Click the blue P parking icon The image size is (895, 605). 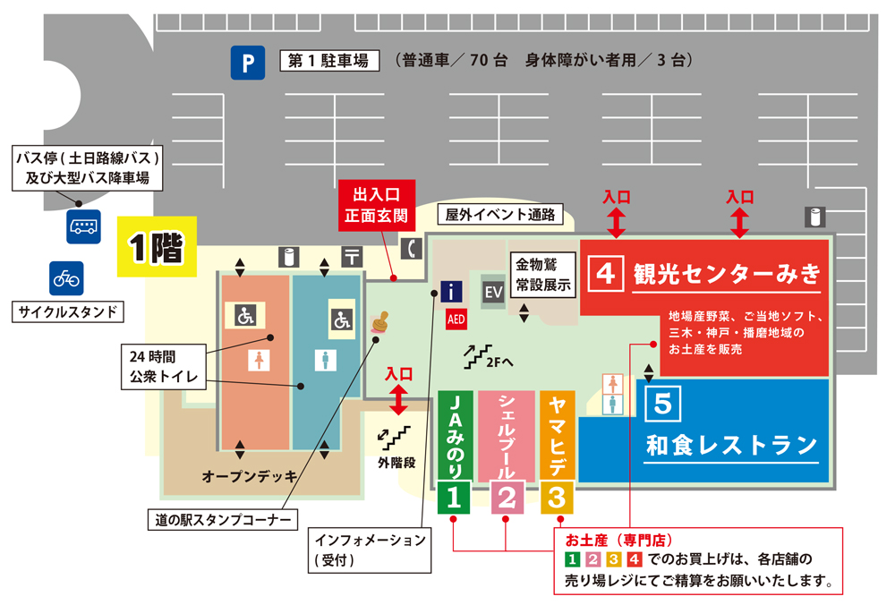click(248, 63)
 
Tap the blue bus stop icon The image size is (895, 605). click(84, 226)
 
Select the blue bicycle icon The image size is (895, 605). click(66, 278)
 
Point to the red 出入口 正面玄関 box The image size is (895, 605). click(380, 205)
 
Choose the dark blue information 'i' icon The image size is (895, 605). click(453, 291)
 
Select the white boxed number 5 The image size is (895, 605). click(661, 404)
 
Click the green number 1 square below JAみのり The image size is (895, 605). click(454, 497)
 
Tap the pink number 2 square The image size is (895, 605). click(506, 497)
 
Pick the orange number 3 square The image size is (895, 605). click(557, 497)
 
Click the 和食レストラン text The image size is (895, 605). click(732, 444)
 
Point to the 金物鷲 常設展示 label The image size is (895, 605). click(542, 275)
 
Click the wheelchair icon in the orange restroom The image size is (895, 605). click(245, 315)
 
